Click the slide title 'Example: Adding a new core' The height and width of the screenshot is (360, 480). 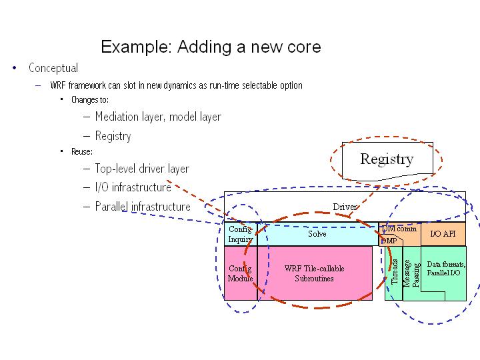click(211, 47)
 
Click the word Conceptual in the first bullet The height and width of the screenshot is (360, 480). click(53, 68)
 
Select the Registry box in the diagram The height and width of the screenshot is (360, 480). click(387, 159)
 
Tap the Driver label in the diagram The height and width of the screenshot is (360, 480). click(345, 207)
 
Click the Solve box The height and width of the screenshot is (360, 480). click(317, 234)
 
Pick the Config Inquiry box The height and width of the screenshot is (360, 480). click(240, 234)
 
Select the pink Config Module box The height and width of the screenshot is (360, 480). click(240, 273)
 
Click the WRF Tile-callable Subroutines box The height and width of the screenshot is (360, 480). click(315, 273)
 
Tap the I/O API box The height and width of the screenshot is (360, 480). click(443, 234)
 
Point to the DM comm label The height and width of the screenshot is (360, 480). click(399, 229)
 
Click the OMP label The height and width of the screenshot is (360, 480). click(389, 241)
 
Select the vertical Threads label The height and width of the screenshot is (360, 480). click(395, 272)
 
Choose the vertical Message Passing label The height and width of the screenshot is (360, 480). click(412, 274)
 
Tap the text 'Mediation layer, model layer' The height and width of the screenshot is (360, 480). click(158, 117)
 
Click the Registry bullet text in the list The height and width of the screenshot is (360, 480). click(113, 136)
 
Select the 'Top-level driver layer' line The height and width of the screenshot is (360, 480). click(142, 169)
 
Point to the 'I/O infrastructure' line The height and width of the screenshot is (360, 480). click(133, 187)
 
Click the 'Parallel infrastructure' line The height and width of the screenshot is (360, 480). click(143, 207)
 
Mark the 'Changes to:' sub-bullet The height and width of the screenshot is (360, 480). click(89, 100)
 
